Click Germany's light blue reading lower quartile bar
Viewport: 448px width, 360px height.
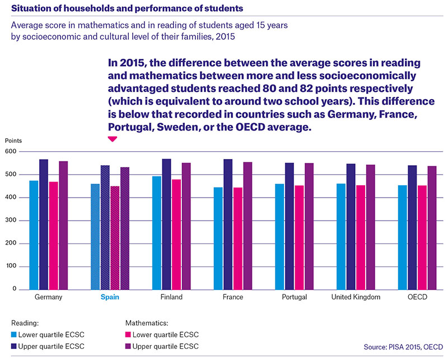[34, 235]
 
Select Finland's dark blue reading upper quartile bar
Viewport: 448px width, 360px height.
[166, 225]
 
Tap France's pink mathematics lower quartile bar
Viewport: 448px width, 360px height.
[237, 239]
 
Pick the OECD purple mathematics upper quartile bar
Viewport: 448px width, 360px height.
[432, 228]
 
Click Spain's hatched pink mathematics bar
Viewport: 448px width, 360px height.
[115, 238]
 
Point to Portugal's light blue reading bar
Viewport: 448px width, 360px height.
[279, 237]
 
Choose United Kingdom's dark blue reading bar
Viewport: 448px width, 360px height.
[351, 227]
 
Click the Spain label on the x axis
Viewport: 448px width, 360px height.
[110, 297]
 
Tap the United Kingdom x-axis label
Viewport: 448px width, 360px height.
[356, 297]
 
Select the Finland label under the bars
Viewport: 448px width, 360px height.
[171, 297]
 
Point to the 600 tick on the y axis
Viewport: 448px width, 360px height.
[11, 151]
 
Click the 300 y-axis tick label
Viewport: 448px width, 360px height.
[11, 221]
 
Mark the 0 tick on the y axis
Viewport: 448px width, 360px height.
[15, 289]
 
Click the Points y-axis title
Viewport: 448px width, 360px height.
[13, 141]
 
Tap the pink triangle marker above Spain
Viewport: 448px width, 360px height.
[113, 139]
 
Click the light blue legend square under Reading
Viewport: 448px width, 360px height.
[13, 335]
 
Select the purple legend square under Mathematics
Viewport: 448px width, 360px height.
[128, 347]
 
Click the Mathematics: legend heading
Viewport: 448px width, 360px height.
[147, 323]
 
